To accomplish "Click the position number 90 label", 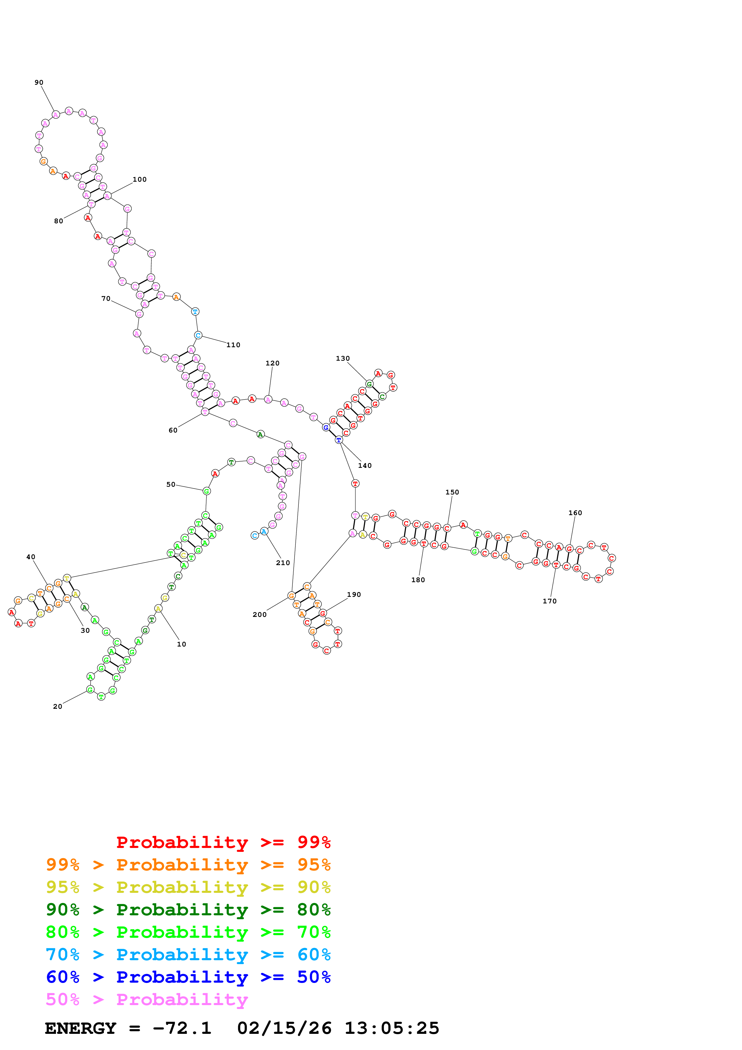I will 39,83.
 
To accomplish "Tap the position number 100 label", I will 139,180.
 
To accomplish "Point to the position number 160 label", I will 575,513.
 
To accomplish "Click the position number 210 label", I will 283,563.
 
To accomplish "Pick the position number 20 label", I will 57,707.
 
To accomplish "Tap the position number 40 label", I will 31,557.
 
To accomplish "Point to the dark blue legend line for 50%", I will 188,977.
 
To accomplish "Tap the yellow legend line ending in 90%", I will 188,887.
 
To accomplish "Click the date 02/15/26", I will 284,1028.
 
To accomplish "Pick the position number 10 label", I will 181,644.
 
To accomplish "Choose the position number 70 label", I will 106,299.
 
